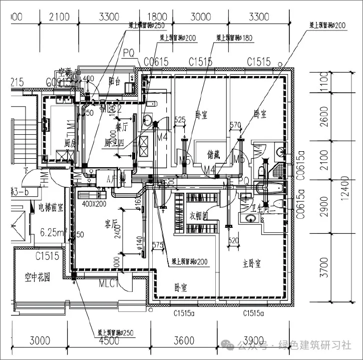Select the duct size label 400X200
pyautogui.click(x=94, y=204)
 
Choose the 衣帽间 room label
pyautogui.click(x=199, y=215)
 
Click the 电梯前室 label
pyautogui.click(x=50, y=207)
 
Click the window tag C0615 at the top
pyautogui.click(x=156, y=62)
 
